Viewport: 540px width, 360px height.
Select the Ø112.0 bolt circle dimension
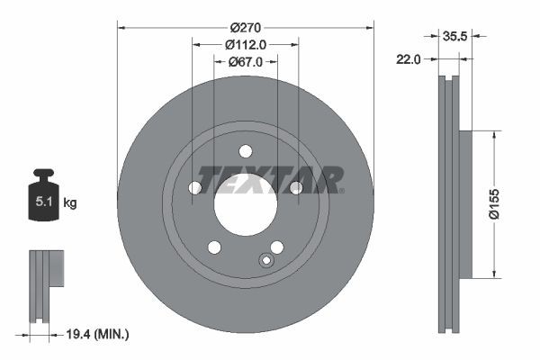(x=245, y=44)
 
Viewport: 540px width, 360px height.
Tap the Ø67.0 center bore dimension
(x=245, y=61)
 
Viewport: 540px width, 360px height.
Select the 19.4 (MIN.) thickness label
(x=98, y=334)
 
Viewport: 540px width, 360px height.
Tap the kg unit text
(x=70, y=203)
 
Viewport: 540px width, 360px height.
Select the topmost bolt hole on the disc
(x=245, y=151)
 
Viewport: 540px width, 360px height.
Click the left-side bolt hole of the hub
(x=194, y=187)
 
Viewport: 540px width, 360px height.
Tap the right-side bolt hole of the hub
(x=295, y=187)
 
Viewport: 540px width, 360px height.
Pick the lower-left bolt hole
(x=214, y=247)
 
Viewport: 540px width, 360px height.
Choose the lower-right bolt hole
(x=276, y=247)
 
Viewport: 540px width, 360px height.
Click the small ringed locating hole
(x=265, y=261)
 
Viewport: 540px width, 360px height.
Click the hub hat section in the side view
(x=465, y=205)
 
